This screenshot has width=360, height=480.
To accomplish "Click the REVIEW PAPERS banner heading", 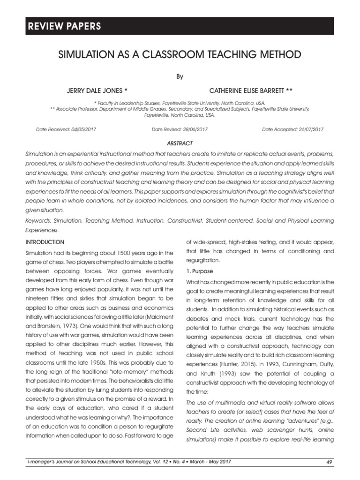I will click(x=63, y=26).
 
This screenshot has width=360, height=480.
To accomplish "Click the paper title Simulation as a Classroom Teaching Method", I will click(x=180, y=55).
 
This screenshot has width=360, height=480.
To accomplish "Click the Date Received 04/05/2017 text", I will click(x=66, y=129).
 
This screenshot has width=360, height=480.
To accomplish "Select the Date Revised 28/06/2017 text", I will click(x=180, y=129).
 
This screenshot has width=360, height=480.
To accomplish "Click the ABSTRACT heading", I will click(x=180, y=143).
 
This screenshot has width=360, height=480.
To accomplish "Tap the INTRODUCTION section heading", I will click(x=45, y=242).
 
